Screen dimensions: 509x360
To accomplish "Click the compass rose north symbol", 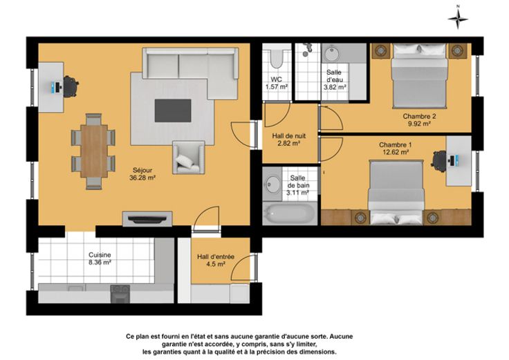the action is [x=458, y=18].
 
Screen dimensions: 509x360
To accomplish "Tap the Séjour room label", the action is [x=142, y=170].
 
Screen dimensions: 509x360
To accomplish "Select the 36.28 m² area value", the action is [x=142, y=178].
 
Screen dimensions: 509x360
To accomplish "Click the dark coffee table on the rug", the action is [x=173, y=111].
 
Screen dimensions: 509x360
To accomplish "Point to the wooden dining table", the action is [x=94, y=151].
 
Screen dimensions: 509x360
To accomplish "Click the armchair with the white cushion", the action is [x=189, y=158].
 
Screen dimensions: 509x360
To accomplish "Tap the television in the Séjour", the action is [x=147, y=220].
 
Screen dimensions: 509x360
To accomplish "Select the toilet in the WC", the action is [x=277, y=58].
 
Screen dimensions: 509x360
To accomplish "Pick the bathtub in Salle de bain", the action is [x=290, y=213].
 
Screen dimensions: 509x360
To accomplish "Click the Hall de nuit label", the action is [x=289, y=136].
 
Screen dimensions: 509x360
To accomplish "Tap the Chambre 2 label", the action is [x=419, y=116].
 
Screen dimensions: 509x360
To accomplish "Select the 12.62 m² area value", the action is [x=396, y=152].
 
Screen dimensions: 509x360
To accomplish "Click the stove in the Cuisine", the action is [x=120, y=294].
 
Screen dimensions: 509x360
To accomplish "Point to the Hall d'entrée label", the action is [x=216, y=257].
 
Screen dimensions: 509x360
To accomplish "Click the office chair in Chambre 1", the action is [x=439, y=160].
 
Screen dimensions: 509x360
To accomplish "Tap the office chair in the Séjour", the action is [x=71, y=86].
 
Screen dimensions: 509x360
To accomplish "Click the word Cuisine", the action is [x=100, y=255].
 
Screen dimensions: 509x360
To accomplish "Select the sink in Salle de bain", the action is [x=272, y=184].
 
